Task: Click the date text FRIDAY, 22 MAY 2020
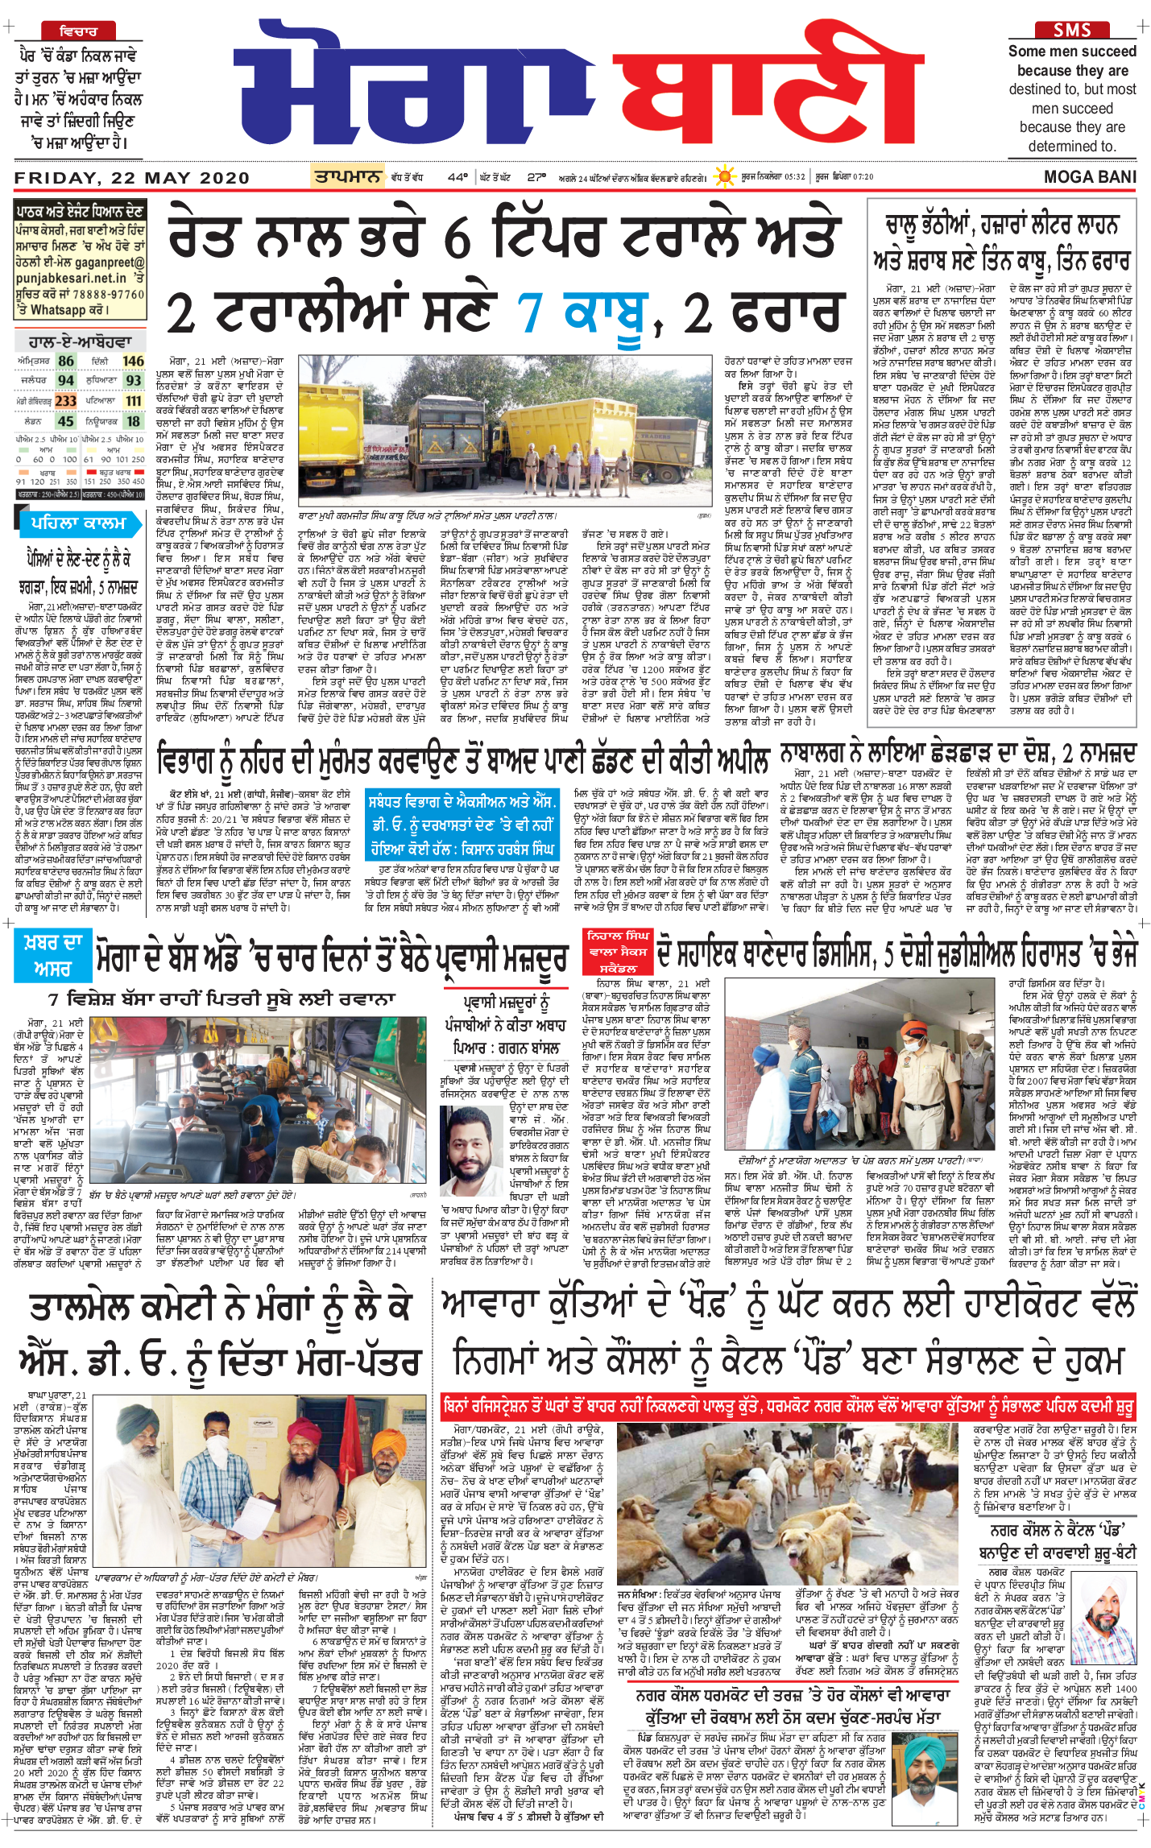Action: (x=121, y=177)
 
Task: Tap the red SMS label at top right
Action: (x=1072, y=30)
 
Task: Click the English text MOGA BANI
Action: (x=1090, y=177)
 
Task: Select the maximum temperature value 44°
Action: (x=458, y=177)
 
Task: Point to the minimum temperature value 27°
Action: (x=536, y=177)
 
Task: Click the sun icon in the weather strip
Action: (x=726, y=176)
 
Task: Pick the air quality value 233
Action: (x=66, y=401)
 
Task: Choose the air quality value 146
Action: (x=133, y=362)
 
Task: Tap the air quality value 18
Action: (x=134, y=421)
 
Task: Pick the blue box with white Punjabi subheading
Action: (x=462, y=825)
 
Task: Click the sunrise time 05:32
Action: (x=794, y=177)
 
